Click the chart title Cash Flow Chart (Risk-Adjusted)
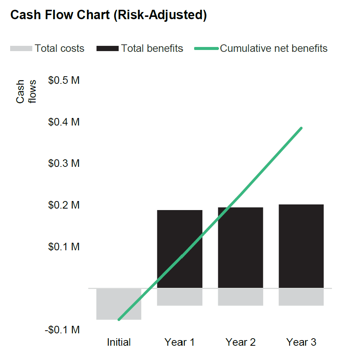click(x=109, y=15)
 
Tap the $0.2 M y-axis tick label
click(x=64, y=205)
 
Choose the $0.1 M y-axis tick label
click(x=64, y=247)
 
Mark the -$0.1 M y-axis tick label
click(x=62, y=330)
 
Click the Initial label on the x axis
click(x=119, y=342)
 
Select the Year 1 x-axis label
click(x=179, y=342)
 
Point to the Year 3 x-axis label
click(x=301, y=342)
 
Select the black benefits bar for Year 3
click(x=301, y=246)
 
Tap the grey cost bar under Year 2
click(x=240, y=297)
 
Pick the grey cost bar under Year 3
click(x=301, y=297)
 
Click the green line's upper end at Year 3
click(x=301, y=128)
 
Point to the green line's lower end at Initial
click(x=119, y=319)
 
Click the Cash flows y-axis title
click(x=26, y=91)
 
